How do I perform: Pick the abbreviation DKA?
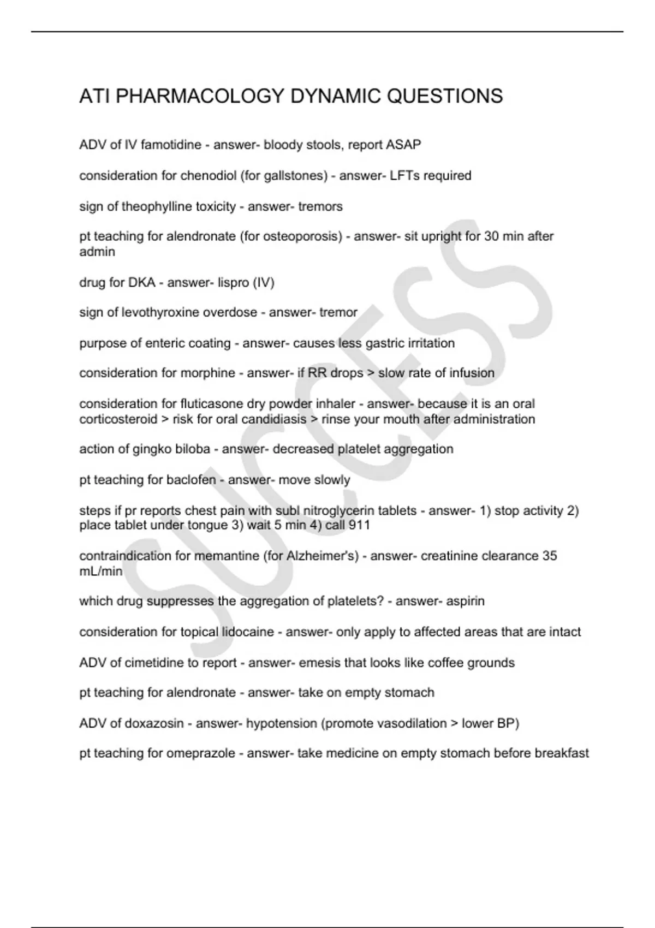[x=141, y=283]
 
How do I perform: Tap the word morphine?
[x=207, y=373]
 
